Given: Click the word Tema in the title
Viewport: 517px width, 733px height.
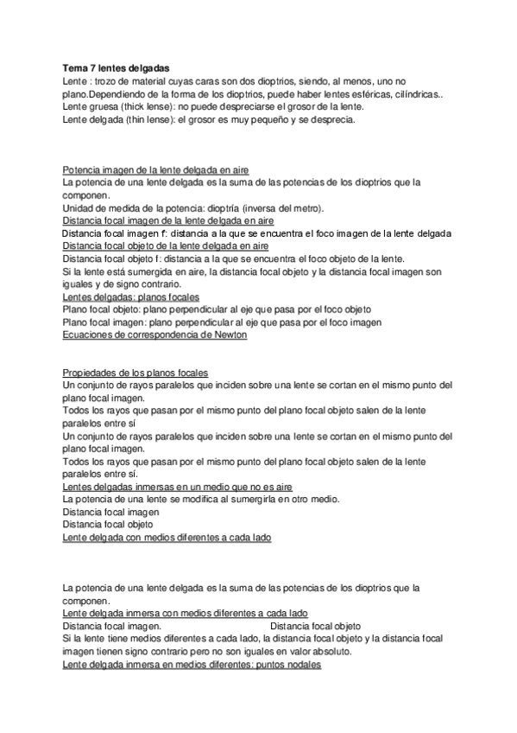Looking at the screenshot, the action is [x=76, y=67].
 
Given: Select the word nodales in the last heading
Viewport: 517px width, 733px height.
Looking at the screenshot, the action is [x=300, y=665].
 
